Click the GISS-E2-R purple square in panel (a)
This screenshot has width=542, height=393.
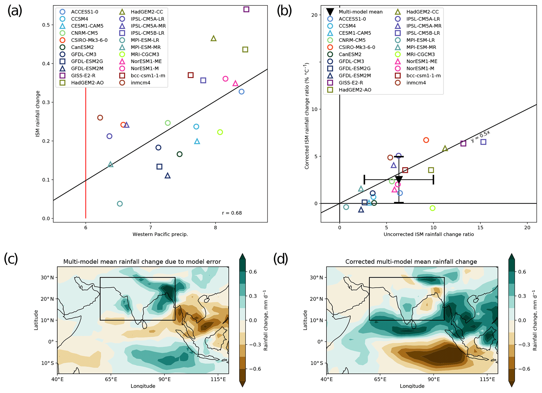246,9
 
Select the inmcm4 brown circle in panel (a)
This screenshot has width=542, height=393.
100,118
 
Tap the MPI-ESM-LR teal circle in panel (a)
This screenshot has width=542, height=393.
120,204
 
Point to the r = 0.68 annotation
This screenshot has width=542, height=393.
232,213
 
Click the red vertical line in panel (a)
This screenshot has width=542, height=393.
86,157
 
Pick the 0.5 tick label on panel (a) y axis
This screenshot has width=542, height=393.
46,25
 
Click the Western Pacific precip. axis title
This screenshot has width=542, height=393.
160,234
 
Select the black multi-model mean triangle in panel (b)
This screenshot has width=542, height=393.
399,179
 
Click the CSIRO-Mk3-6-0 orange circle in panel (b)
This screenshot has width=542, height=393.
426,140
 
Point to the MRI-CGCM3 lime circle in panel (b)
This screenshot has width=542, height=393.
433,208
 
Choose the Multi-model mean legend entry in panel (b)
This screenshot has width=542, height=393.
360,12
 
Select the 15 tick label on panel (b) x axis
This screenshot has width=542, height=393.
480,228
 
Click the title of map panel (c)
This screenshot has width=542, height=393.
142,262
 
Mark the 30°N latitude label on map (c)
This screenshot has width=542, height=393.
47,278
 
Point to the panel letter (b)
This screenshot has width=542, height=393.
285,11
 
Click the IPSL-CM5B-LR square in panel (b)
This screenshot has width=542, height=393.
483,142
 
